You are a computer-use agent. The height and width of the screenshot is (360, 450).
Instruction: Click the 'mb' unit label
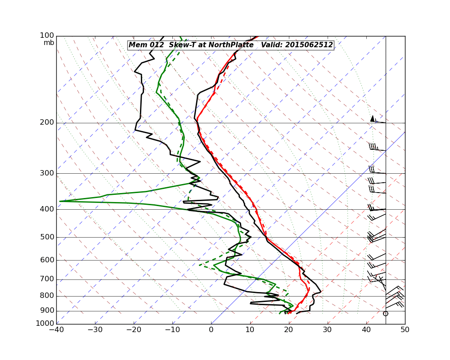coord(49,43)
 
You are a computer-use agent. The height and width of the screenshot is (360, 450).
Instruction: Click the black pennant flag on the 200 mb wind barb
coord(372,118)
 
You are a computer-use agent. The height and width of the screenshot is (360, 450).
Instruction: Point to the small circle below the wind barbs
coord(385,313)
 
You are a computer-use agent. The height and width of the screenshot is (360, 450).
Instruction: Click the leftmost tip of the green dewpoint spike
coord(60,201)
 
